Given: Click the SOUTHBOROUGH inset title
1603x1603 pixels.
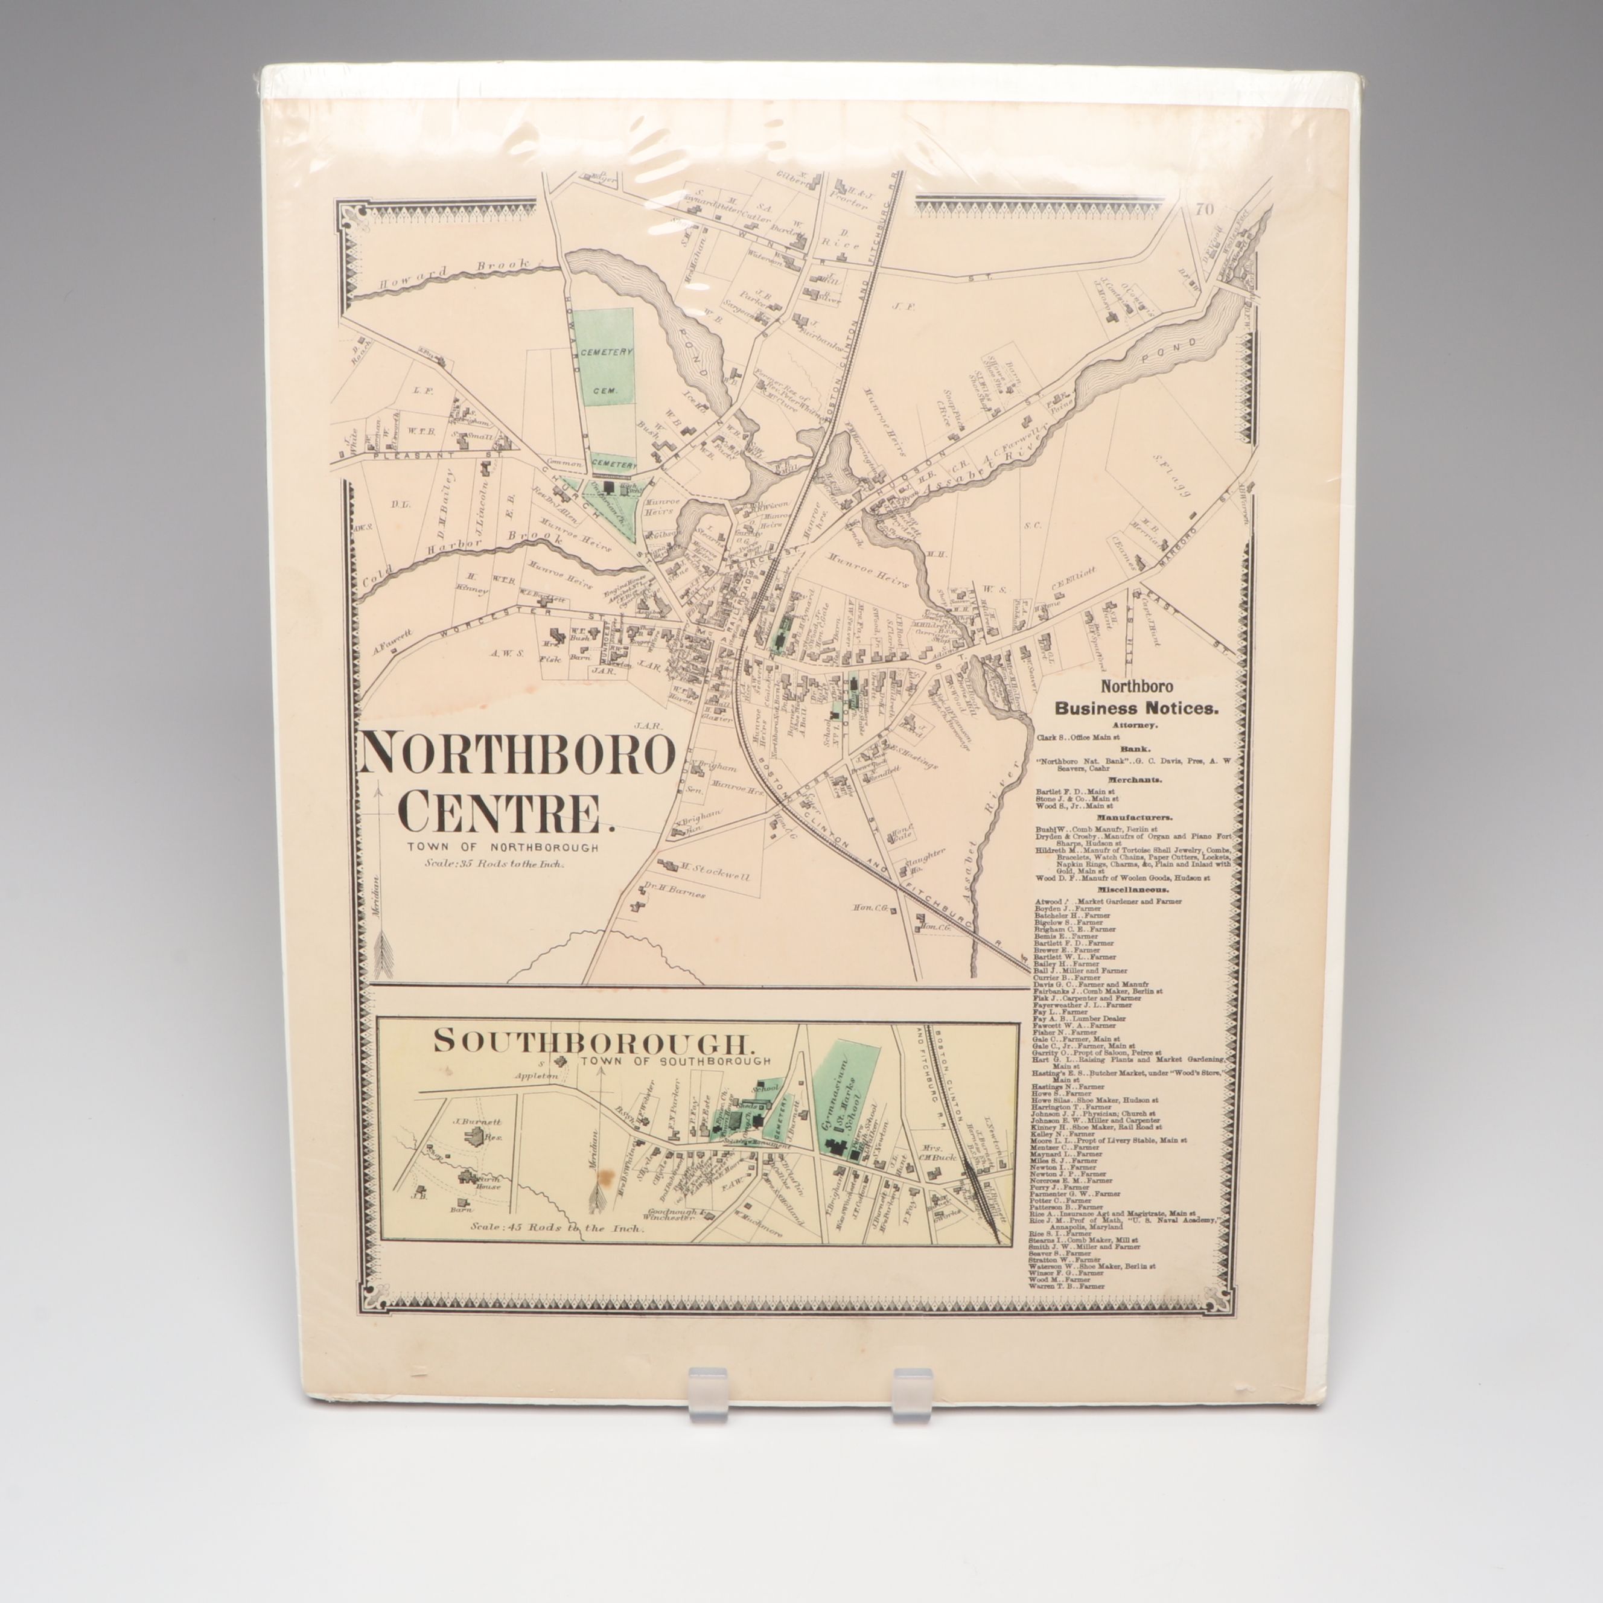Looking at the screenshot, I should pos(593,1042).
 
